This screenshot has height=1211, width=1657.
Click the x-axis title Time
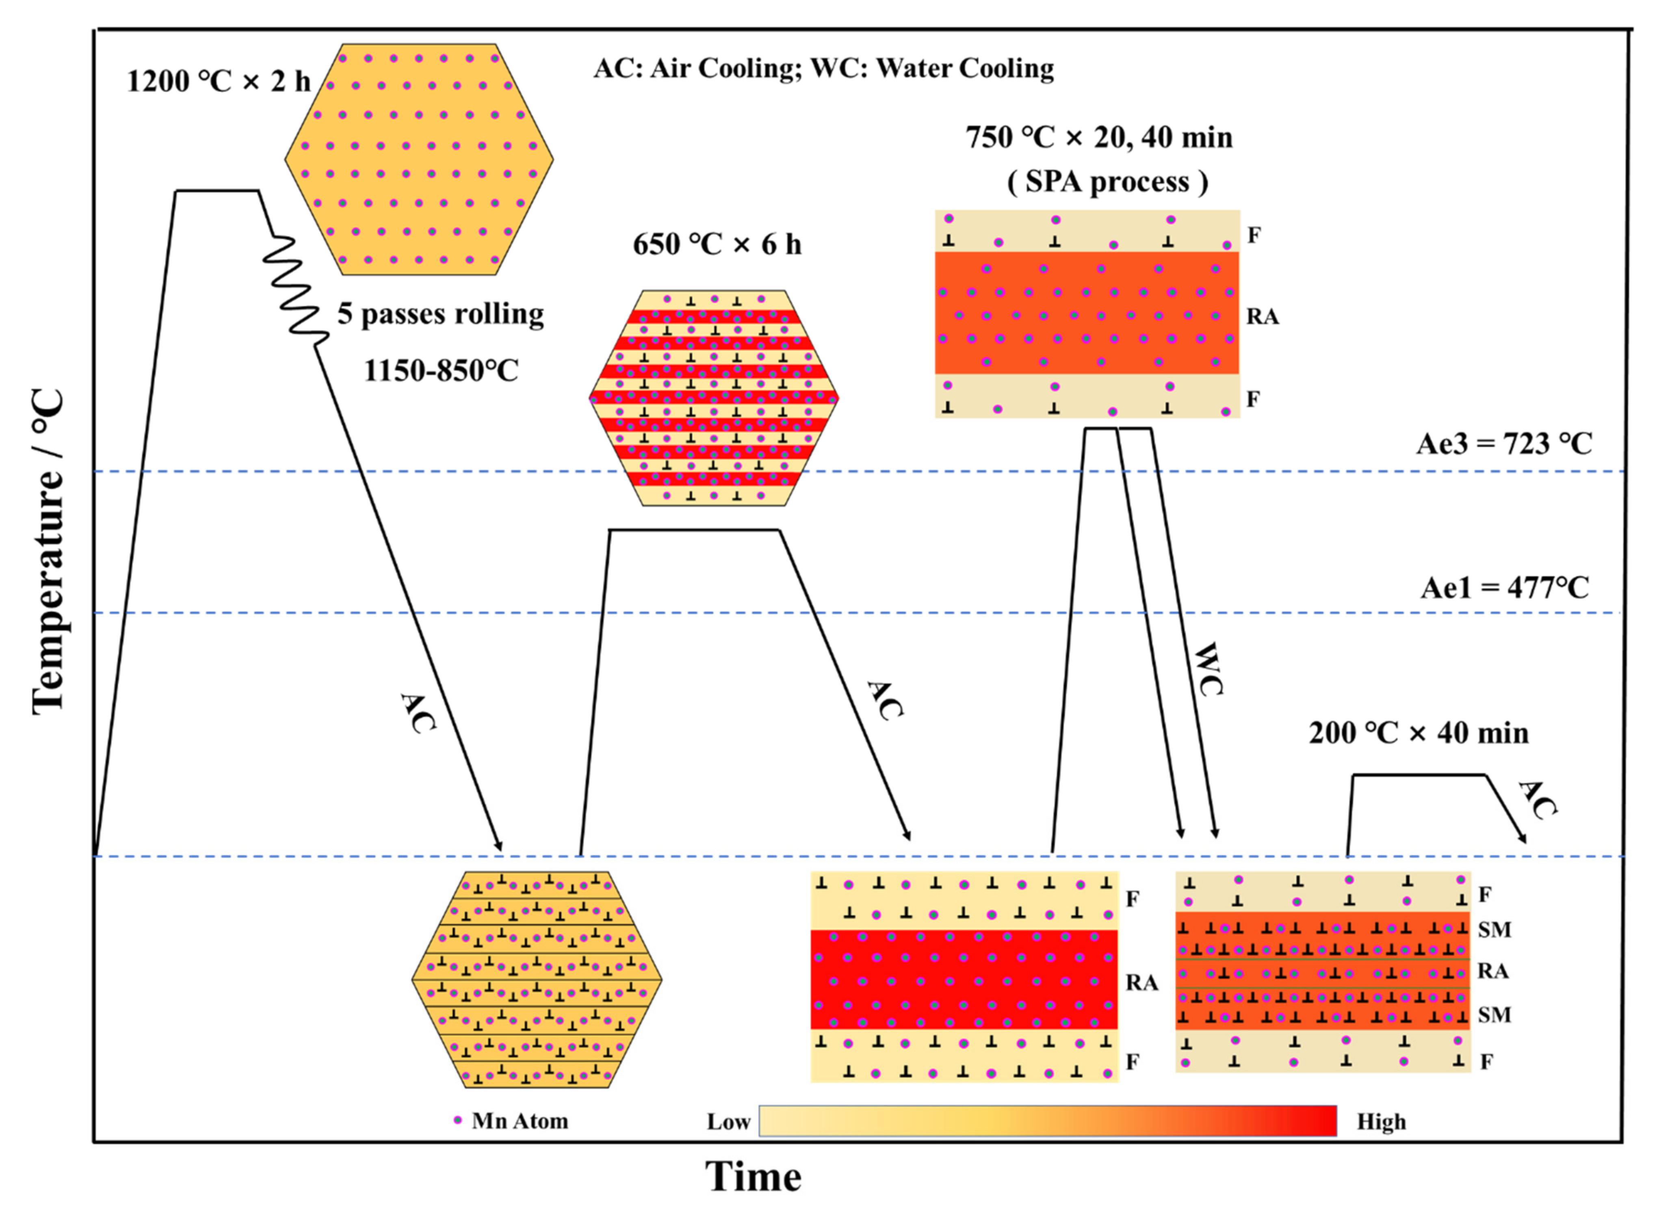(753, 1176)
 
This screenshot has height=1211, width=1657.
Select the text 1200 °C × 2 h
(219, 81)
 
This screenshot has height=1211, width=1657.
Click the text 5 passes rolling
(441, 314)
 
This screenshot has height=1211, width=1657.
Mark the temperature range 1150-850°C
(441, 371)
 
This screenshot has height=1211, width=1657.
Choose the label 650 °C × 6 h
(717, 244)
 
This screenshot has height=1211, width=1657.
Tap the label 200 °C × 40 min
(1418, 733)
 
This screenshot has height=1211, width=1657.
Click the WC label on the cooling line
(1208, 668)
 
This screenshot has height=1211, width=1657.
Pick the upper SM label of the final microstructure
(1494, 930)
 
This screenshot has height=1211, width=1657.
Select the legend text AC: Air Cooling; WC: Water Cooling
(823, 68)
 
